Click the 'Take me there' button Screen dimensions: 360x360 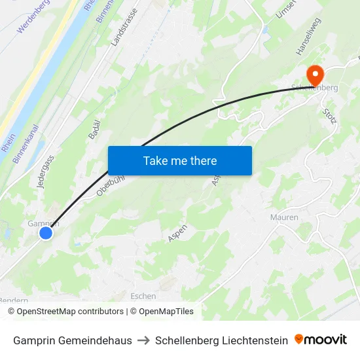(180, 160)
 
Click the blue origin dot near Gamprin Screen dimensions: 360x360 (45, 232)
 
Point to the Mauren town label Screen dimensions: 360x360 (284, 217)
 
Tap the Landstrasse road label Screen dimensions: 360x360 (124, 27)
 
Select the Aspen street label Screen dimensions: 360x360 (177, 233)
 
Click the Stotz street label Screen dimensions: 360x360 (329, 120)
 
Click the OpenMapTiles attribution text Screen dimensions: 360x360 (161, 312)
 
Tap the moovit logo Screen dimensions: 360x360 (321, 340)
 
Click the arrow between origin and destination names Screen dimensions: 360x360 (143, 340)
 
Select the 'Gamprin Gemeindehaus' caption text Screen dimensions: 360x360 (72, 340)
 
